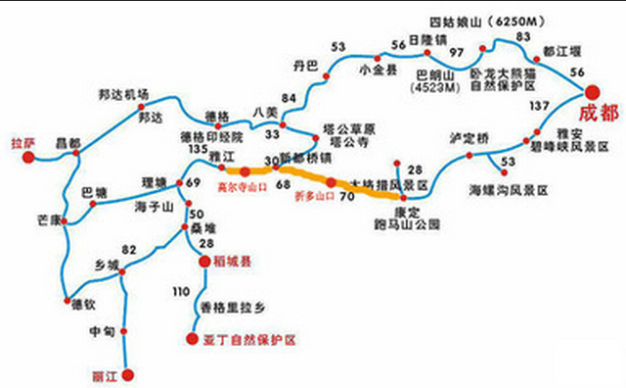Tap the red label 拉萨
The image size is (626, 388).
click(x=22, y=143)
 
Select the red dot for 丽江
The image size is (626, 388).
click(x=126, y=374)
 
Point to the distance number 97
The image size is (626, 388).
click(x=455, y=51)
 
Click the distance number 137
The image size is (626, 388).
click(x=539, y=105)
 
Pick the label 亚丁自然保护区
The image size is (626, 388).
click(x=247, y=340)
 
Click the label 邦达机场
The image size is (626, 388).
click(x=123, y=94)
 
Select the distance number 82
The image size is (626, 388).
click(x=128, y=250)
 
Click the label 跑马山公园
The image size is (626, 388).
click(x=403, y=223)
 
